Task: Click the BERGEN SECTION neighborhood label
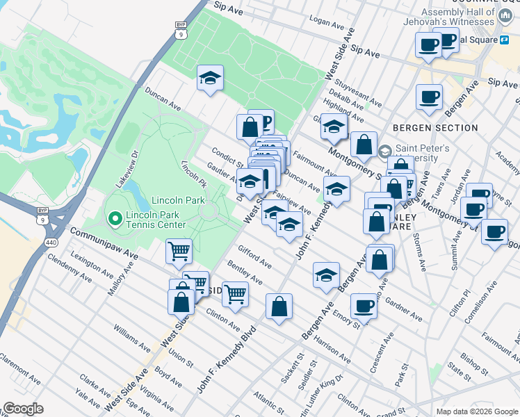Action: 435,128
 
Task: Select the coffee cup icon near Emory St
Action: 363,305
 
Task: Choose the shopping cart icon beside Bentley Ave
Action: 236,293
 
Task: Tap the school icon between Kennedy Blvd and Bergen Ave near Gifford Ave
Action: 325,275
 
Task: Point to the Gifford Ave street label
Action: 254,256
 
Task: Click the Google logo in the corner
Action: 24,409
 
